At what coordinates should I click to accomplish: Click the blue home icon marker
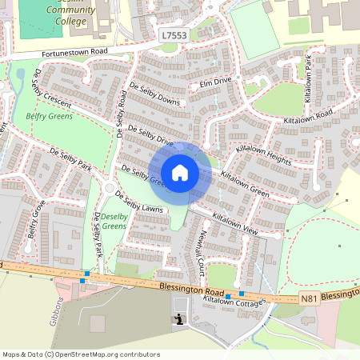[180, 173]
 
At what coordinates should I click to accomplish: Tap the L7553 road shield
[174, 36]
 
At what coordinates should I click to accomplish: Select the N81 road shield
[310, 298]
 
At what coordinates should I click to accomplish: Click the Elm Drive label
[215, 82]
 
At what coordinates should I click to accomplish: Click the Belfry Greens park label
[50, 116]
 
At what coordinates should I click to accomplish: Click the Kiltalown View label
[236, 223]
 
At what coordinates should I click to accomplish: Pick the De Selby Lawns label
[139, 203]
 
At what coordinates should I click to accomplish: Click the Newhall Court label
[202, 251]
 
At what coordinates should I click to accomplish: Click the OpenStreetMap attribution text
[80, 354]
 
